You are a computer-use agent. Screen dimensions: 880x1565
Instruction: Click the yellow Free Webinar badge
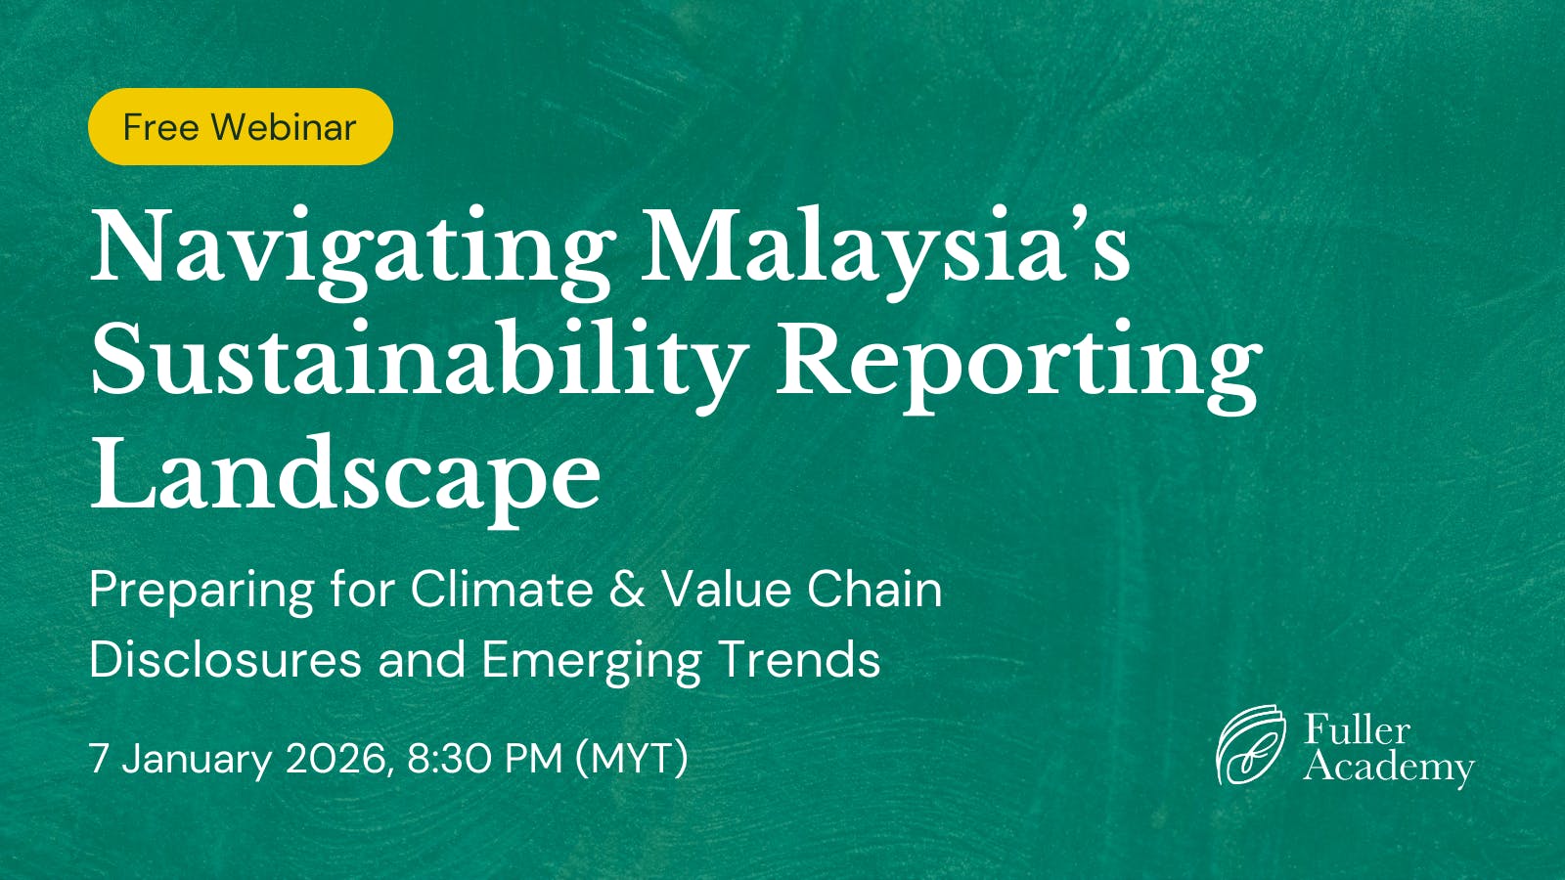(240, 127)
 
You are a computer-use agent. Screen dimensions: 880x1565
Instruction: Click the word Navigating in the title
(352, 249)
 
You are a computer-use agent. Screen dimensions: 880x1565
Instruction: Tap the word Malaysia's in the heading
(885, 249)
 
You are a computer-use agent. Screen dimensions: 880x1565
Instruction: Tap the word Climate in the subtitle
(501, 591)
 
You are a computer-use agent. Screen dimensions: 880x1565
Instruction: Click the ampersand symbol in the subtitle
(627, 591)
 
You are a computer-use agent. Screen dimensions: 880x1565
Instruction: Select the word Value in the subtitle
(726, 591)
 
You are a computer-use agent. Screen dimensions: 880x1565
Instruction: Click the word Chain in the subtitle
(874, 591)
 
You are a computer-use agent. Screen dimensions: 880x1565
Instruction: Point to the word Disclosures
(225, 660)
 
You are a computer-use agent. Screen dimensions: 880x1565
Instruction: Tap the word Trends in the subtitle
(799, 660)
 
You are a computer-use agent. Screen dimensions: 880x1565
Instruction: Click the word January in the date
(197, 760)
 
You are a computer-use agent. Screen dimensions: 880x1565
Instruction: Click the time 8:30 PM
(484, 759)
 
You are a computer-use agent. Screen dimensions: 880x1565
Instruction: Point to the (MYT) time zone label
(632, 759)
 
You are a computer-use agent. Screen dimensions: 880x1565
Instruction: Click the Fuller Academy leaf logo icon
(1250, 745)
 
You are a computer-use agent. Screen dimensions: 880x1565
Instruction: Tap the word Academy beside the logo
(1389, 768)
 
